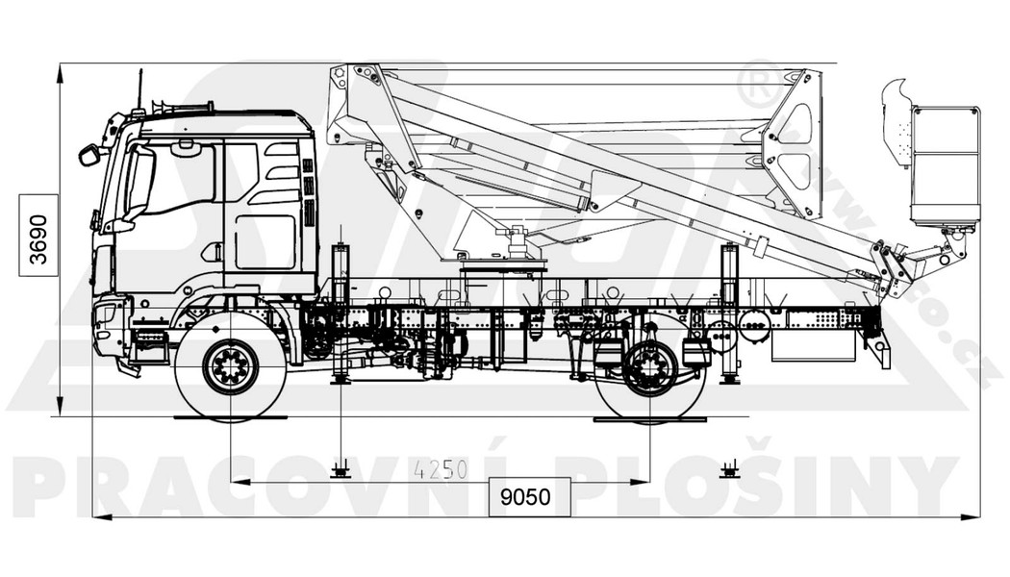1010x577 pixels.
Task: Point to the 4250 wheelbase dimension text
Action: pos(441,469)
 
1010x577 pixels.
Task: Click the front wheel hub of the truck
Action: pos(231,366)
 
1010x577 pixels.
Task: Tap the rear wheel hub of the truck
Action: pos(650,367)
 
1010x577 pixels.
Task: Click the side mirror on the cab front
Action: pos(89,154)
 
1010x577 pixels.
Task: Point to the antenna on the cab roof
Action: pos(140,89)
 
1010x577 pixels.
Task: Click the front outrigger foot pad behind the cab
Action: pos(340,380)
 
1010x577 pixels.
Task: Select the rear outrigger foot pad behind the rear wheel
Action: pos(730,379)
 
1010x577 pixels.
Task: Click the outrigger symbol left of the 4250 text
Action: pos(340,469)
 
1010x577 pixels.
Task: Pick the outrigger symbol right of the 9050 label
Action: pos(730,469)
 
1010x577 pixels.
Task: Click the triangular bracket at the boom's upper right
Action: pos(794,144)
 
